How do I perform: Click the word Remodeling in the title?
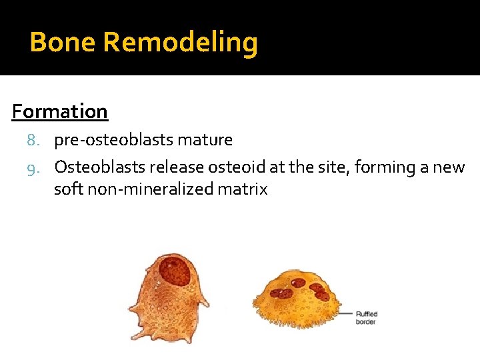click(x=181, y=43)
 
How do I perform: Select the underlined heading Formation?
click(x=60, y=111)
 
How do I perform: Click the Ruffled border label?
click(x=365, y=317)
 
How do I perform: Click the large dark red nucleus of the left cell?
click(x=176, y=272)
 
